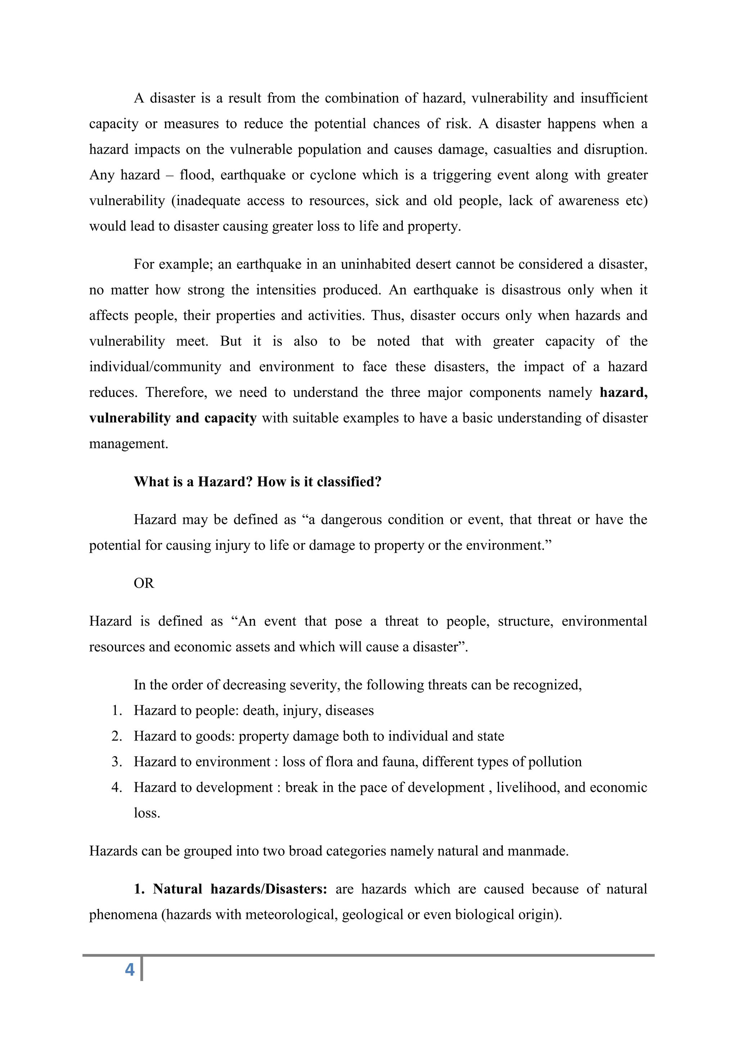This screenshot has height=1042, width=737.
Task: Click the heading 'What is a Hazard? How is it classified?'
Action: click(x=257, y=481)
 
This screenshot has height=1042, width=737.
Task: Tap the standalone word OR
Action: click(x=144, y=583)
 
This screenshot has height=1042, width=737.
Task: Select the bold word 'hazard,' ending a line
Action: click(x=624, y=392)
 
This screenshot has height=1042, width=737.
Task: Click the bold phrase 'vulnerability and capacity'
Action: click(x=173, y=418)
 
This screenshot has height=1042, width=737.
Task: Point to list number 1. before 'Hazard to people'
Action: click(x=117, y=711)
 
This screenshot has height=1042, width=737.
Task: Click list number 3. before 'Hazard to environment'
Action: click(x=117, y=762)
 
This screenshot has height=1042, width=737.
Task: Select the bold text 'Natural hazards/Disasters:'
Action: click(x=240, y=889)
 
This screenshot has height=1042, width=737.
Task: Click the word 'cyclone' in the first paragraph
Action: click(x=333, y=175)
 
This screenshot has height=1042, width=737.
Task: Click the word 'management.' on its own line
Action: click(x=128, y=444)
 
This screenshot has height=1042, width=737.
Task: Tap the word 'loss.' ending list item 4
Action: click(x=146, y=813)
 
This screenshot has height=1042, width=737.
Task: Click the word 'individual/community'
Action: click(x=155, y=367)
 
